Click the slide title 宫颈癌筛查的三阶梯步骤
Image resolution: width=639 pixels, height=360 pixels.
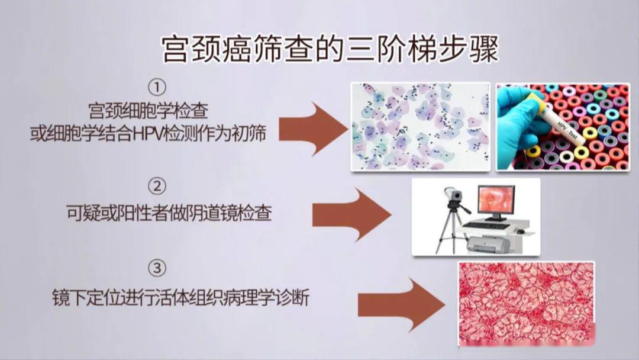(x=330, y=50)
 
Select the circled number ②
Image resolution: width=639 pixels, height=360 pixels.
(x=157, y=187)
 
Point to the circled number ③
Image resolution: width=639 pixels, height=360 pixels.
(x=157, y=270)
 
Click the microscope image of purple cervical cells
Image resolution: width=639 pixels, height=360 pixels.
(x=420, y=126)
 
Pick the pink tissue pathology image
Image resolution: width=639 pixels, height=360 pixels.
(x=526, y=303)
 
